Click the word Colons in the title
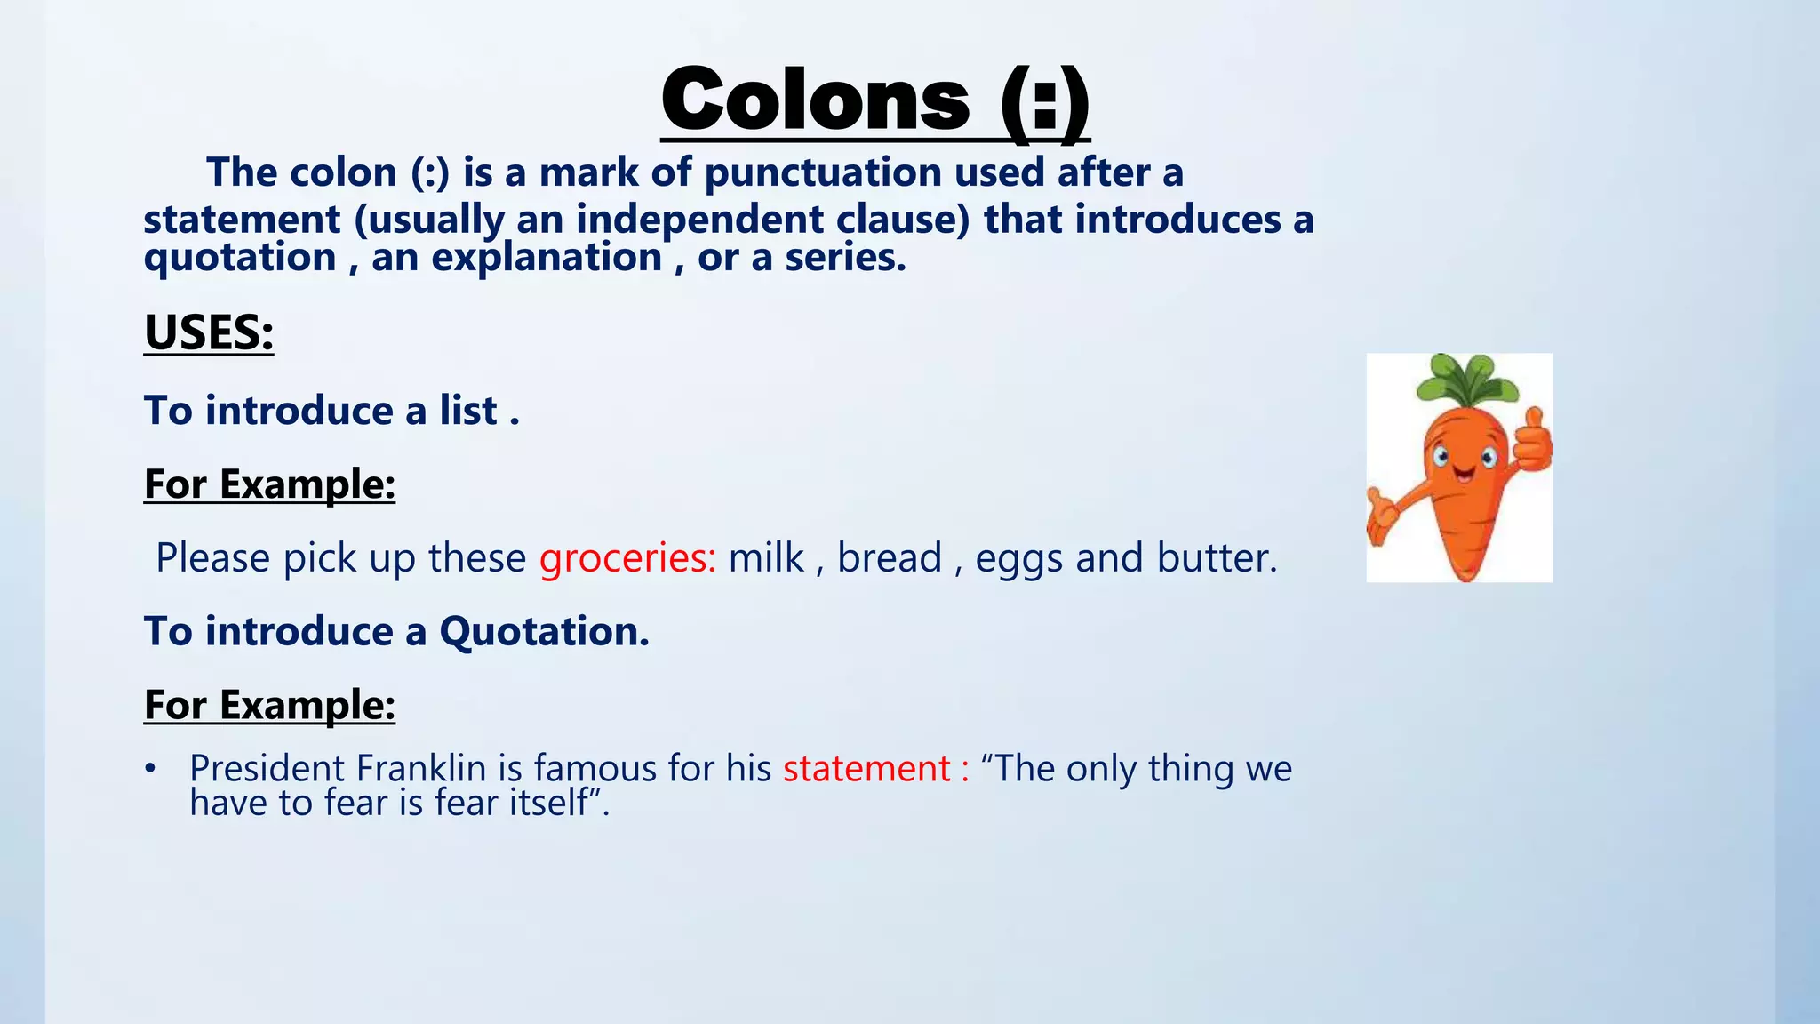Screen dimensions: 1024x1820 (x=816, y=100)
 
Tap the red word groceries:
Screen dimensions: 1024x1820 (x=627, y=558)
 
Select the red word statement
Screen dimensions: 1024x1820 (x=866, y=768)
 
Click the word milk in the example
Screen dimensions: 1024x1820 (x=766, y=558)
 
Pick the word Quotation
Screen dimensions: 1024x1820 (x=544, y=631)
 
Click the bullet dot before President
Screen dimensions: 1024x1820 (x=151, y=768)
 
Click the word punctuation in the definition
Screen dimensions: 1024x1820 (x=822, y=172)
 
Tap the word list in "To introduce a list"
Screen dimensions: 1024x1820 (x=467, y=411)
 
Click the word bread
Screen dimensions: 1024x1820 (x=889, y=558)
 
